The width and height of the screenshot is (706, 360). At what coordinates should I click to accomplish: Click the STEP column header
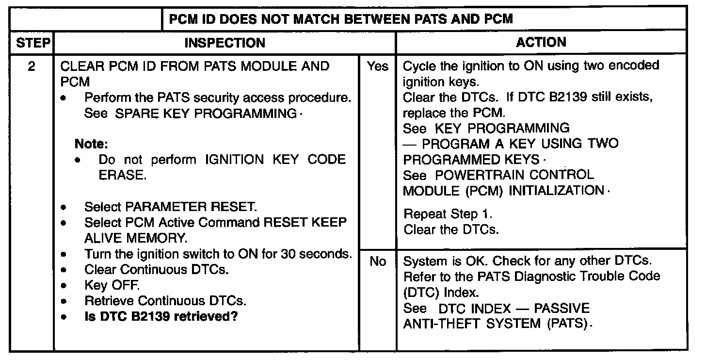click(32, 43)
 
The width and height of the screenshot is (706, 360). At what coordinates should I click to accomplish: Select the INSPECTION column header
click(225, 43)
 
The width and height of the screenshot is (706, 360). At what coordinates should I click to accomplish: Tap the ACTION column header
click(541, 43)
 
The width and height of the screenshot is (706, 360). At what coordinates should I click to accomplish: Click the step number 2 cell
click(32, 66)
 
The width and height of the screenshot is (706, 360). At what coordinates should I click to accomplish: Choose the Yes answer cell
click(377, 66)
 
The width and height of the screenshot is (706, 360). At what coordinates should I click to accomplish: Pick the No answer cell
click(377, 262)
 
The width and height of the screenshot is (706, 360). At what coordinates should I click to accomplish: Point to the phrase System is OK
click(446, 261)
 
